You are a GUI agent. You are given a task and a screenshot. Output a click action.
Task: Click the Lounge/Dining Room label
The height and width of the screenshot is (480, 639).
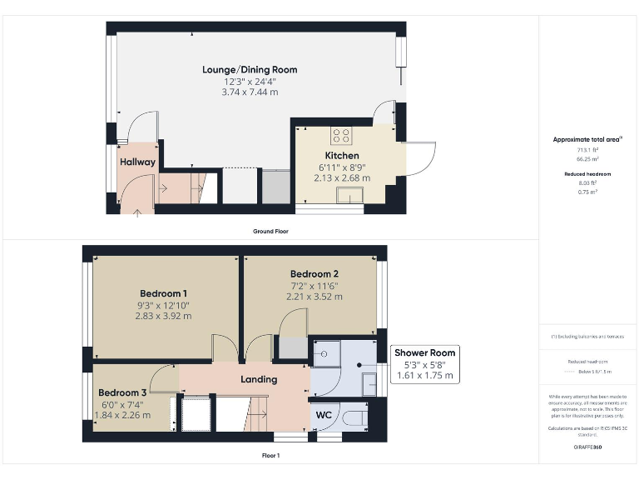tap(250, 69)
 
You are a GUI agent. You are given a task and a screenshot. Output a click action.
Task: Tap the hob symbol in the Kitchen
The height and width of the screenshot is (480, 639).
tap(341, 136)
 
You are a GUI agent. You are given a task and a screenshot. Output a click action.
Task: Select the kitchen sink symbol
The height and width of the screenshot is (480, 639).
tap(349, 195)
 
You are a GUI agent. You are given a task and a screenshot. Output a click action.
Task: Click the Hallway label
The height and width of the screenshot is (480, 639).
tap(137, 162)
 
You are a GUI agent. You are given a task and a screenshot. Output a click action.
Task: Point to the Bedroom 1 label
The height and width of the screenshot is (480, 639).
tap(163, 293)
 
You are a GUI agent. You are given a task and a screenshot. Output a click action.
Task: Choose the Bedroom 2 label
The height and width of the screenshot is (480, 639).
tap(315, 273)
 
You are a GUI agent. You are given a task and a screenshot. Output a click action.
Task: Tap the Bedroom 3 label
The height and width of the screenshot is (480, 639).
tap(122, 392)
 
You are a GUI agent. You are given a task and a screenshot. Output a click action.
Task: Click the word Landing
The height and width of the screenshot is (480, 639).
tap(258, 379)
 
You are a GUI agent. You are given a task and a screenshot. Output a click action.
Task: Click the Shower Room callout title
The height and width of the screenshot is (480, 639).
tap(424, 352)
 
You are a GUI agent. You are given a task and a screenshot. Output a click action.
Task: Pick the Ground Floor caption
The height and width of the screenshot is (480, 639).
tap(271, 231)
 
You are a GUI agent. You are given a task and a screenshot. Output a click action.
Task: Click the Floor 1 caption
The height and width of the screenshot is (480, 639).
tap(270, 456)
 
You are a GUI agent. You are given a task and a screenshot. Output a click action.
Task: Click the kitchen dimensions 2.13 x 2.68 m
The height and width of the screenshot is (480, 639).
tap(342, 177)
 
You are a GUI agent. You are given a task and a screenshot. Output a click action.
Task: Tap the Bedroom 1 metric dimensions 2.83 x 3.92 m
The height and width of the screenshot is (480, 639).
tap(163, 316)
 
